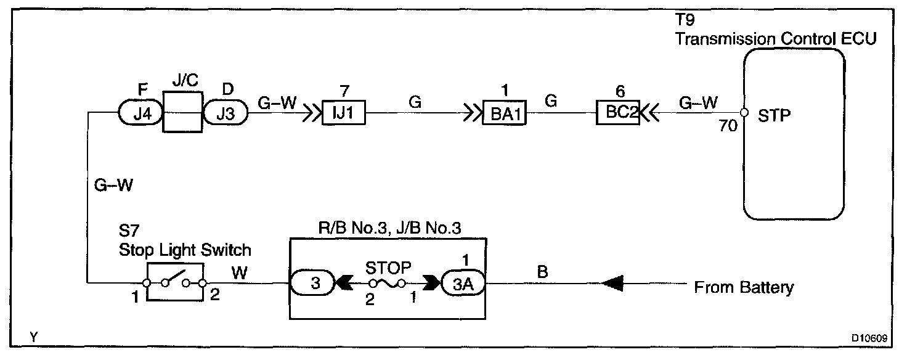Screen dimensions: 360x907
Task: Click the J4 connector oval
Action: tap(139, 113)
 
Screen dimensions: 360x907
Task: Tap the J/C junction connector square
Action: tap(183, 112)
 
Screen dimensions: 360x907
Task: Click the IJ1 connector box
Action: tap(344, 114)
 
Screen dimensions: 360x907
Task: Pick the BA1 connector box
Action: tap(505, 114)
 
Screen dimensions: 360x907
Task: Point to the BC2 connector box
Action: tap(617, 114)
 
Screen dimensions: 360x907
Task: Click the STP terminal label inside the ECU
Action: tap(774, 115)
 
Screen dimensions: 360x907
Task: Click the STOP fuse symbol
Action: tap(387, 284)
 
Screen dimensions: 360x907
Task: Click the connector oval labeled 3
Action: tap(313, 284)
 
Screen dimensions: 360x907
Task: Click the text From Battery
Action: tap(744, 287)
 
